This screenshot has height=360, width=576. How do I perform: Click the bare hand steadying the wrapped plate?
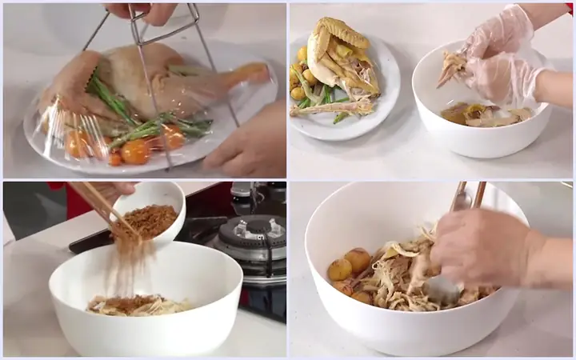click(x=248, y=140)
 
